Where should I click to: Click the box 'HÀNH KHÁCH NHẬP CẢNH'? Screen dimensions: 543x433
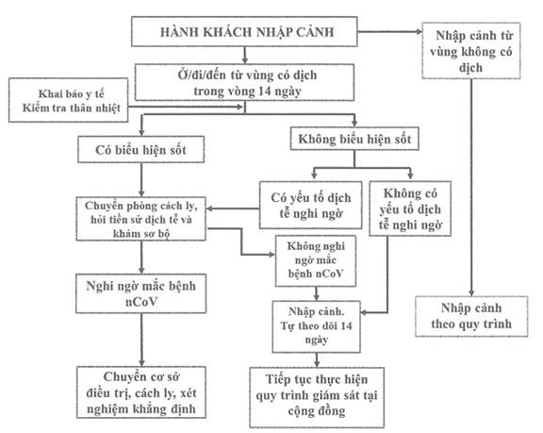pyautogui.click(x=244, y=31)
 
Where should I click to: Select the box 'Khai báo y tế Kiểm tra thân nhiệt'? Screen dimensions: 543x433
pyautogui.click(x=68, y=100)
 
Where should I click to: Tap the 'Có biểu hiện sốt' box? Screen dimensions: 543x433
pyautogui.click(x=141, y=149)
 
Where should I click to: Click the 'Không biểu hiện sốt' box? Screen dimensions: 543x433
pyautogui.click(x=354, y=139)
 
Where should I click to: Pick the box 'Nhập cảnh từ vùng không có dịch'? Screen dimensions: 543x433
pyautogui.click(x=471, y=51)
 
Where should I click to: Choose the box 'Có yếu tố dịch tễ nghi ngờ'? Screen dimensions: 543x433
pyautogui.click(x=311, y=205)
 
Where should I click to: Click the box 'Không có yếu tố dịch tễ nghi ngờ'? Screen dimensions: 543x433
pyautogui.click(x=410, y=208)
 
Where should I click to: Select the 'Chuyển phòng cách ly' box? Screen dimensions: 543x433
pyautogui.click(x=141, y=219)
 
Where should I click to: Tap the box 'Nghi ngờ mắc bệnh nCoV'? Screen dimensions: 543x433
pyautogui.click(x=141, y=293)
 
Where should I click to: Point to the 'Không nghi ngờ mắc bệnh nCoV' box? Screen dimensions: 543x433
pyautogui.click(x=316, y=261)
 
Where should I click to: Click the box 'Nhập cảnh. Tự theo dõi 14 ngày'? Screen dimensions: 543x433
pyautogui.click(x=316, y=326)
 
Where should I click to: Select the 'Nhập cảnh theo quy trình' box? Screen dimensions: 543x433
pyautogui.click(x=471, y=316)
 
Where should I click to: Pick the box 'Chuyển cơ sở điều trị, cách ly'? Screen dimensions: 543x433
pyautogui.click(x=141, y=392)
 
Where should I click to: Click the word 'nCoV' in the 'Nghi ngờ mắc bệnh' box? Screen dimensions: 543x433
pyautogui.click(x=141, y=302)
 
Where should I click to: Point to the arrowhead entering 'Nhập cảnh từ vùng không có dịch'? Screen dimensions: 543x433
pyautogui.click(x=419, y=31)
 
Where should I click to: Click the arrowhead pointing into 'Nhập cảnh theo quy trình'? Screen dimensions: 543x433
pyautogui.click(x=471, y=292)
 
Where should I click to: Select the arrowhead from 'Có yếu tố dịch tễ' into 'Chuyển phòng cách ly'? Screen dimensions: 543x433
pyautogui.click(x=209, y=208)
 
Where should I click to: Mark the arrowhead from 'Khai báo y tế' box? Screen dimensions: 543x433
pyautogui.click(x=239, y=107)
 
